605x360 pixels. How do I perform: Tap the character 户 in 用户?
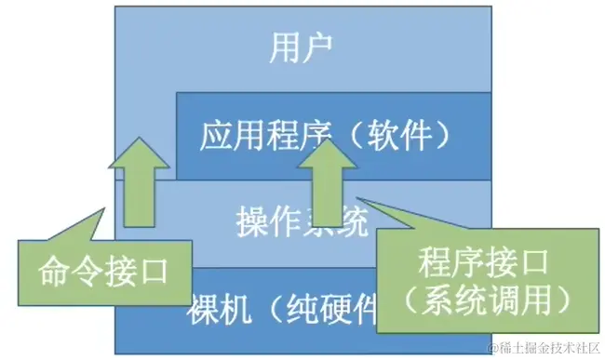318,46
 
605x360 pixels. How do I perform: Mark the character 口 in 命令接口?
155,271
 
